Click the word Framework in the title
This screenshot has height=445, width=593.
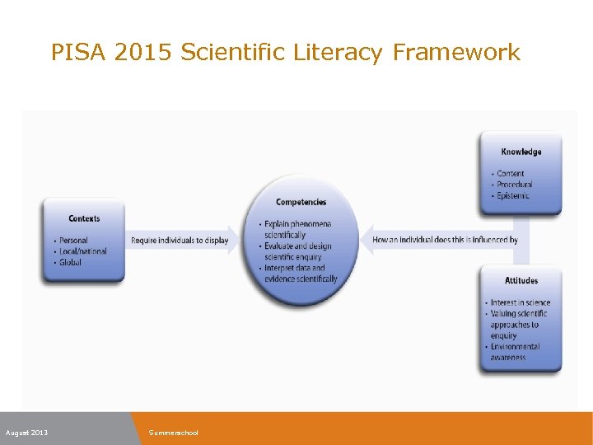456,53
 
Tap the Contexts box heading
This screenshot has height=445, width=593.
84,218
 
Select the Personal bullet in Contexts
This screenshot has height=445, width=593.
73,241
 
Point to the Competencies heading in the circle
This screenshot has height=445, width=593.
301,202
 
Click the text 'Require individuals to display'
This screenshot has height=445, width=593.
180,241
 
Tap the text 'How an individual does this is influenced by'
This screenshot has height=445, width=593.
445,240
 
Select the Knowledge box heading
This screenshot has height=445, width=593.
521,152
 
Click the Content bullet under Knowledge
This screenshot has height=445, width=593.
510,174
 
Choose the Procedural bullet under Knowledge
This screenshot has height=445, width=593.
514,185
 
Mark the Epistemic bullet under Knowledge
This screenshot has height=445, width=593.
512,195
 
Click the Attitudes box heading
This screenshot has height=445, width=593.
521,280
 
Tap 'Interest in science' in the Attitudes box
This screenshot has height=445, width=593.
520,302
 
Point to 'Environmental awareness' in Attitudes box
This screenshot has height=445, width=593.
515,352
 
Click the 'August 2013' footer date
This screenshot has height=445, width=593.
26,433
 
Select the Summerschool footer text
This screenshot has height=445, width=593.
173,433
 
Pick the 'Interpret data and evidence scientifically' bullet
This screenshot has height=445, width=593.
300,273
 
